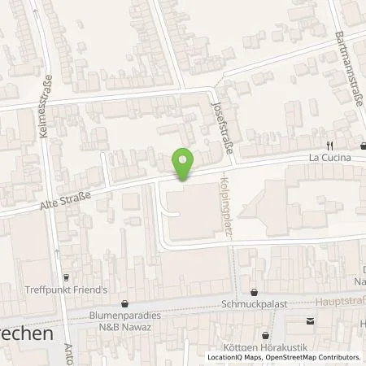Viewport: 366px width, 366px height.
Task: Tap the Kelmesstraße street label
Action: [x=47, y=107]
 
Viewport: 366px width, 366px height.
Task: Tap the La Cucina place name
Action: [x=329, y=158]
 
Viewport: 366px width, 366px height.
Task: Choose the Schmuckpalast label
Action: [x=254, y=305]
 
